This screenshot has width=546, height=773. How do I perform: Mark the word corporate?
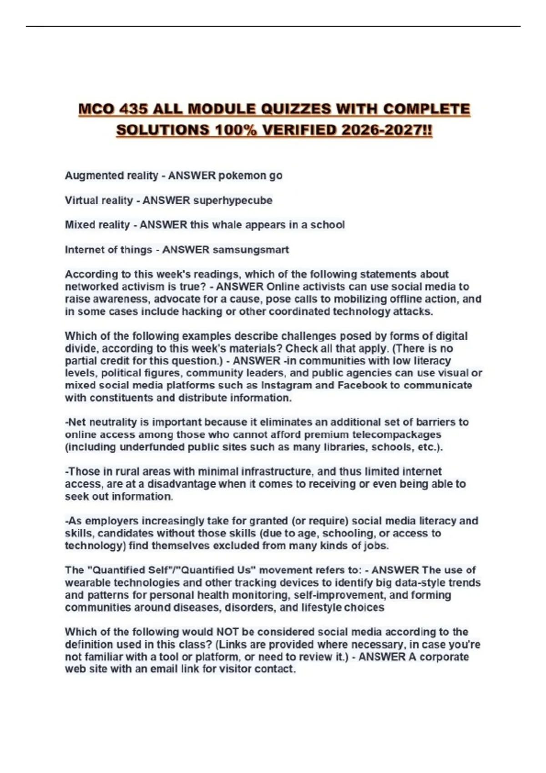pos(444,657)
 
